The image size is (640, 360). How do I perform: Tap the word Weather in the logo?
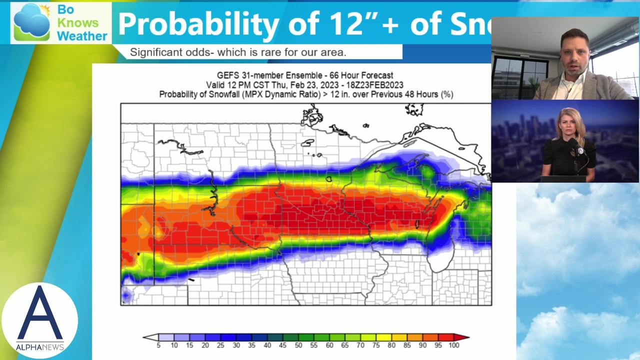coord(82,36)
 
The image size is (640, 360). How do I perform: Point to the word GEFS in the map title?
coord(227,75)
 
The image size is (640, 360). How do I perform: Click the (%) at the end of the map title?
coord(446,94)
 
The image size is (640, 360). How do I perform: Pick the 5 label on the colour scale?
coord(158,345)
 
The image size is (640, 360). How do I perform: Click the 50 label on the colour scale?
coord(298,345)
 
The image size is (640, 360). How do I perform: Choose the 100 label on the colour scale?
coord(453,345)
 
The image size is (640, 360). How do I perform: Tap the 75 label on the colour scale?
coord(376,345)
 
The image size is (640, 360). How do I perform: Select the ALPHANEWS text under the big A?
coord(39,347)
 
